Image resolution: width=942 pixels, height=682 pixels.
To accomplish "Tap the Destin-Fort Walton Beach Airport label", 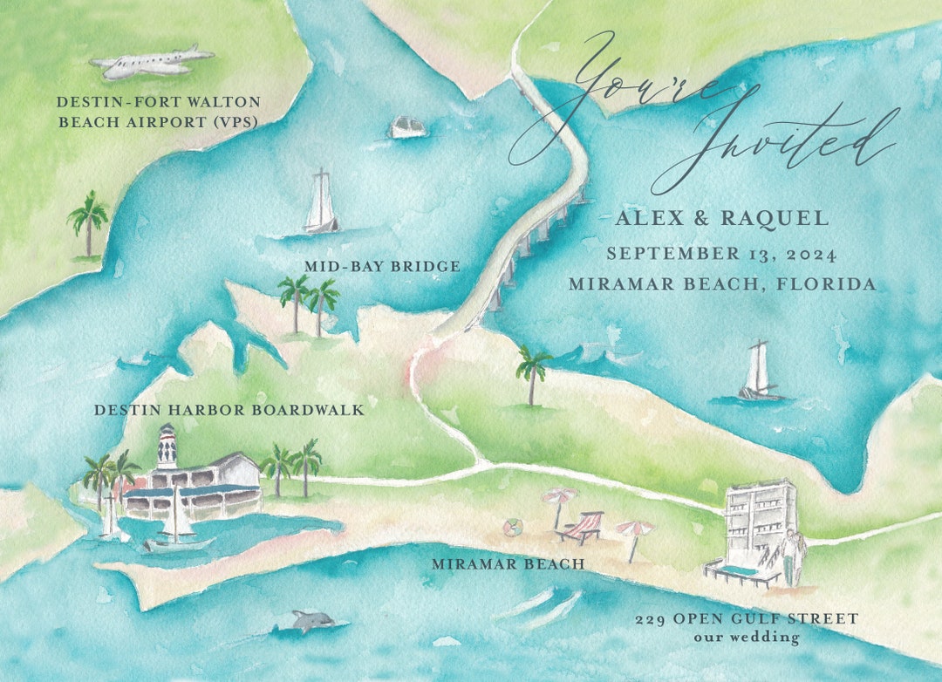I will (159, 112).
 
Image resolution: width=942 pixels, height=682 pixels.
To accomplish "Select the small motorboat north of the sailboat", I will (407, 127).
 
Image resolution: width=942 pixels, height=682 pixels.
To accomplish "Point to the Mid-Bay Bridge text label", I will (381, 266).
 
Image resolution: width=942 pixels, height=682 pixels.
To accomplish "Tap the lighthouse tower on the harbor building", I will (167, 447).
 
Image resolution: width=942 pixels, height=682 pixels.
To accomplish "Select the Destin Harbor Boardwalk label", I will (229, 409).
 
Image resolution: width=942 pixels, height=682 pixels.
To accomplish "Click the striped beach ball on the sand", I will (512, 528).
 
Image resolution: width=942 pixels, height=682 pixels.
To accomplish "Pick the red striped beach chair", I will (582, 527).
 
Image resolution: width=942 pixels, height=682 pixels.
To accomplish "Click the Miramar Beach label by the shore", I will (508, 564).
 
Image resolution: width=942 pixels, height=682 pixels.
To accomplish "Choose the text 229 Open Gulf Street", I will (746, 619).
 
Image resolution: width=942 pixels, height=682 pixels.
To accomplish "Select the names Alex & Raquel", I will (721, 218).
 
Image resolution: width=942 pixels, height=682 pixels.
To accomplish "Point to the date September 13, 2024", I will (721, 255).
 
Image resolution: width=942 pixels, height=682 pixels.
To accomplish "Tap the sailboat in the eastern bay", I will (758, 373).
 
